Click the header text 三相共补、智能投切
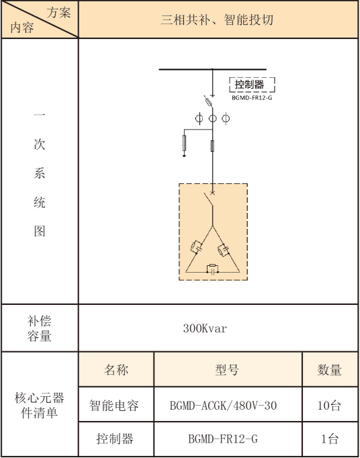coord(217,20)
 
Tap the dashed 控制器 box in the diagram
coord(252,85)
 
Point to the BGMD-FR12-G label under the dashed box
coord(252,98)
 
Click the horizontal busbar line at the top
coord(212,70)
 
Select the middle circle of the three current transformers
coord(212,118)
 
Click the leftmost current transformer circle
coord(199,118)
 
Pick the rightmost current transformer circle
coord(226,118)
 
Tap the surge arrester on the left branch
coord(184,143)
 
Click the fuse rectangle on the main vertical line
coord(212,146)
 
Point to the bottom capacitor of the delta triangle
coord(212,269)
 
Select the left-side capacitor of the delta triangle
coord(196,247)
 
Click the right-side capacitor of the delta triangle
coord(224,250)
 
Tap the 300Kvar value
coord(205,328)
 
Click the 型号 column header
coord(227,370)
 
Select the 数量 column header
coord(330,370)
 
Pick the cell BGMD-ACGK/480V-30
coord(223,406)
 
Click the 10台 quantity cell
coord(329,406)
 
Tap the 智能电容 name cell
coord(114,406)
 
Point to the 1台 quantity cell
coord(330,439)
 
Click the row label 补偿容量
coord(40,328)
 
